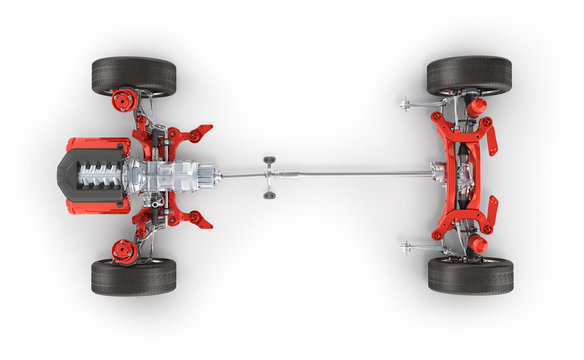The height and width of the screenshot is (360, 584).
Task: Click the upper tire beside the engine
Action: (x=134, y=76)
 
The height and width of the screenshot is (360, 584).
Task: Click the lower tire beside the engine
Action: (x=134, y=277)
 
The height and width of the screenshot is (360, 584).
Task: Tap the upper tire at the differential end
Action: (x=469, y=75)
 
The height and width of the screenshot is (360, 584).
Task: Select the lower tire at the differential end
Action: (x=470, y=276)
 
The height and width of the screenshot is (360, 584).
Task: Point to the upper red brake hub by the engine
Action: (x=125, y=100)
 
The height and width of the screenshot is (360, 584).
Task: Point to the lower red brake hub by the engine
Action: (x=125, y=251)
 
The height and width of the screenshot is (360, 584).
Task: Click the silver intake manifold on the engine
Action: (x=100, y=176)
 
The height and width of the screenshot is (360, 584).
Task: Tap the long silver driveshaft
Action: (x=340, y=175)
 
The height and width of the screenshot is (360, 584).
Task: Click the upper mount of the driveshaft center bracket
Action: (x=269, y=160)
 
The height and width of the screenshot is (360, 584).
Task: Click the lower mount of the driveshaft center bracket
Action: (x=269, y=193)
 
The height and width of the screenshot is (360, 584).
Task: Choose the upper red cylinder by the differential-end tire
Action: (x=477, y=106)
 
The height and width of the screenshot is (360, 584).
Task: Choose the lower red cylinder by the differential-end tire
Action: (x=477, y=244)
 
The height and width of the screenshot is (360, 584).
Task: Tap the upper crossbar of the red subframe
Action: (x=460, y=129)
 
